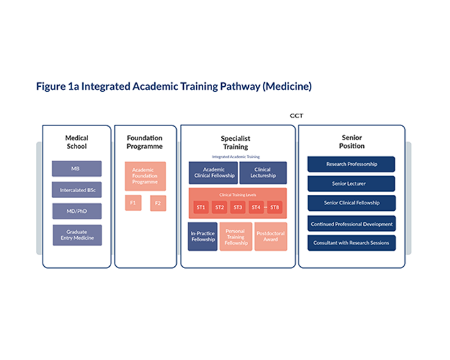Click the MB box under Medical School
tap(76, 168)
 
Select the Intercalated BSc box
tap(76, 190)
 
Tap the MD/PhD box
tap(76, 212)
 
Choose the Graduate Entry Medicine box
tap(76, 235)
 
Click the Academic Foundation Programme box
tap(145, 176)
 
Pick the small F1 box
tap(133, 203)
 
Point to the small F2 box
tap(158, 203)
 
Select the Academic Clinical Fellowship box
tap(213, 172)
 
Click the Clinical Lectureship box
tap(262, 172)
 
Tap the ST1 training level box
tap(201, 207)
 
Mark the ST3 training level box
tap(238, 207)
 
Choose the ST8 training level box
tap(274, 207)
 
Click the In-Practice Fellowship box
tap(203, 236)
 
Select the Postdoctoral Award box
tap(270, 236)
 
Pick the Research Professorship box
tap(351, 164)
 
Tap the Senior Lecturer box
tap(351, 184)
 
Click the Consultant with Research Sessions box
tap(351, 243)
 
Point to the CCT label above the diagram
tap(296, 116)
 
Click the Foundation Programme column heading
tap(145, 142)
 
